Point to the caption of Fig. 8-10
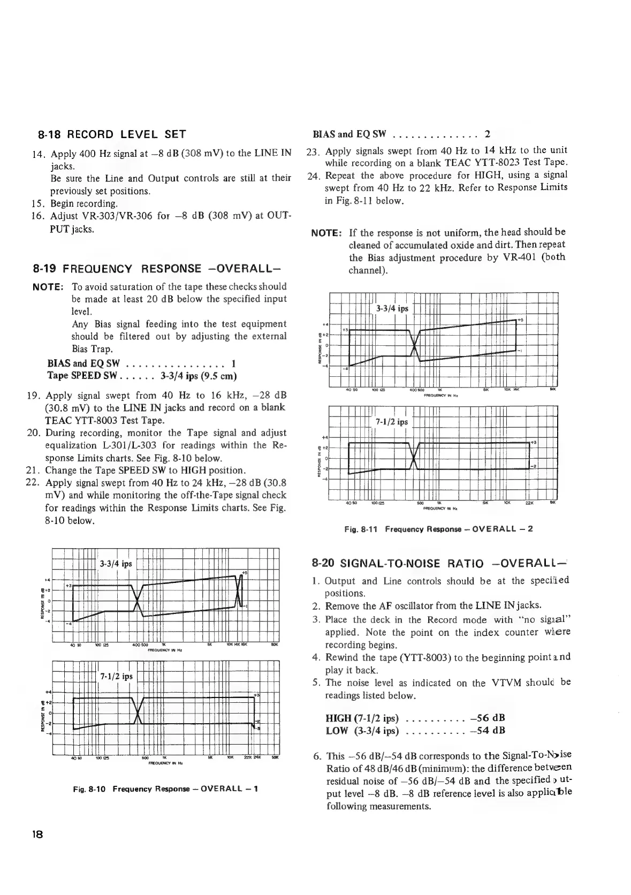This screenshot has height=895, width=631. (166, 788)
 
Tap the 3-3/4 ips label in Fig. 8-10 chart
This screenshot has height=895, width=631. (116, 564)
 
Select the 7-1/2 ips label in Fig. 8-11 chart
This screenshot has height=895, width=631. (392, 421)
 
